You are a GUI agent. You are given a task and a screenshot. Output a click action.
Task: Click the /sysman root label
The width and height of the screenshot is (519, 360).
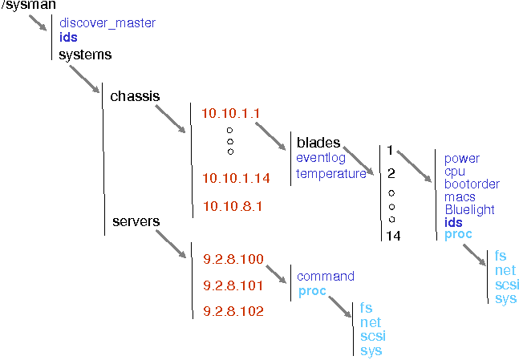pyautogui.click(x=28, y=6)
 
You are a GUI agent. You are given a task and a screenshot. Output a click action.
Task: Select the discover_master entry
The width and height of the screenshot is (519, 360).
pyautogui.click(x=107, y=23)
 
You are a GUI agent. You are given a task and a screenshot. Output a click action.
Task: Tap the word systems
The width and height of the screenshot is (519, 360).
pyautogui.click(x=85, y=55)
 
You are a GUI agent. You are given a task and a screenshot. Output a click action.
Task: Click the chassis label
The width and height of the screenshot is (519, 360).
pyautogui.click(x=135, y=96)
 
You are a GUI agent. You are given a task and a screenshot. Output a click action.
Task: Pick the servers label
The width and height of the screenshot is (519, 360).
pyautogui.click(x=136, y=220)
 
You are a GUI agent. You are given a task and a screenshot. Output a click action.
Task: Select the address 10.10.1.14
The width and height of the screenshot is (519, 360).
pyautogui.click(x=236, y=177)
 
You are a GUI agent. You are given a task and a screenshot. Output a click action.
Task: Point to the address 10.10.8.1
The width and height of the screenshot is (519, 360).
pyautogui.click(x=233, y=205)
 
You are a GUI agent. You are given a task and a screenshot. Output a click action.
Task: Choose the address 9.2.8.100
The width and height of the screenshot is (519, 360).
pyautogui.click(x=233, y=259)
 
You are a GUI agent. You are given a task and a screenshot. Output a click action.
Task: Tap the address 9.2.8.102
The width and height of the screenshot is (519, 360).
pyautogui.click(x=233, y=310)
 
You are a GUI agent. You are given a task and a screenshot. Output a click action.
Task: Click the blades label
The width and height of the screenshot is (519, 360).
pyautogui.click(x=318, y=143)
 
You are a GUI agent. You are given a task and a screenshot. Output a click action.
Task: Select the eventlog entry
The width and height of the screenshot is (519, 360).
pyautogui.click(x=321, y=158)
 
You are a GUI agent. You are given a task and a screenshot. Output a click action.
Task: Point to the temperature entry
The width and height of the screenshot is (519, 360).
pyautogui.click(x=331, y=173)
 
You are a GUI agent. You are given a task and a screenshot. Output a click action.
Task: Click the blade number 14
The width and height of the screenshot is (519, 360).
pyautogui.click(x=393, y=236)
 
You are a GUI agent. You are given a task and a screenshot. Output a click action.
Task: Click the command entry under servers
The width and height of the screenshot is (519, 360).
pyautogui.click(x=326, y=277)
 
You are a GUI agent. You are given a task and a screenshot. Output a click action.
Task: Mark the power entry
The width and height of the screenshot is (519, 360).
pyautogui.click(x=461, y=159)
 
